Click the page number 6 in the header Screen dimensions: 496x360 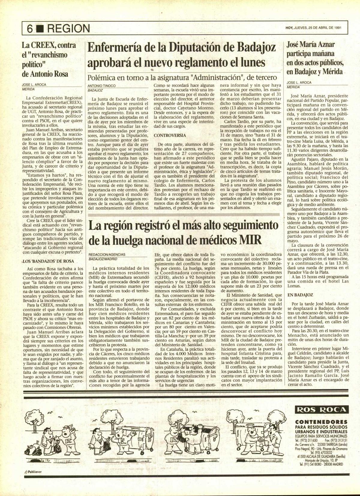pos(29,29)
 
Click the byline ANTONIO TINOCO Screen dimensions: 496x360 pos(101,86)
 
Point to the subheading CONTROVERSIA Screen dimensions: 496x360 pos(169,136)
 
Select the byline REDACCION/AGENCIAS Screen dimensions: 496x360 pos(107,254)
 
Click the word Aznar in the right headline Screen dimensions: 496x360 pos(325,45)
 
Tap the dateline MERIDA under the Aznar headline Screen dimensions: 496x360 pos(293,87)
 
